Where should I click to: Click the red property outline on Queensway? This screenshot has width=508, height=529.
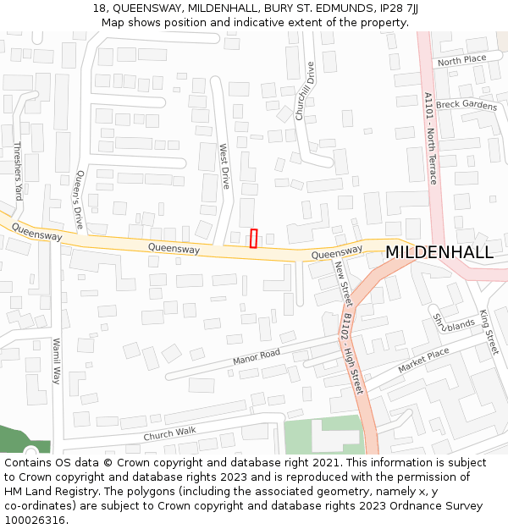pyautogui.click(x=253, y=238)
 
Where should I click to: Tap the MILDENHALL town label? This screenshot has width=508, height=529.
pyautogui.click(x=439, y=252)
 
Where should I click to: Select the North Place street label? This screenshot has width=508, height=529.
pyautogui.click(x=461, y=60)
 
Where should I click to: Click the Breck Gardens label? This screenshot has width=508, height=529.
pyautogui.click(x=467, y=105)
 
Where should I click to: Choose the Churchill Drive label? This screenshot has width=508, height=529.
pyautogui.click(x=305, y=91)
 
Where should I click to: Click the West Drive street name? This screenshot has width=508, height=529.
pyautogui.click(x=224, y=166)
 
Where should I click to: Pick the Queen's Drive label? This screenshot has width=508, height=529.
pyautogui.click(x=80, y=197)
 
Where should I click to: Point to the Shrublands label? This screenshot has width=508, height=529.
pyautogui.click(x=454, y=322)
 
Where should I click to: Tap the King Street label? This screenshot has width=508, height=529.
pyautogui.click(x=489, y=331)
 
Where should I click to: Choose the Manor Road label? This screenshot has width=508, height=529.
pyautogui.click(x=256, y=358)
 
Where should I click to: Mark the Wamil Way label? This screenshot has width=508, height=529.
pyautogui.click(x=58, y=361)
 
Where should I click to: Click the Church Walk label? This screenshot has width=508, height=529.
pyautogui.click(x=169, y=433)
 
